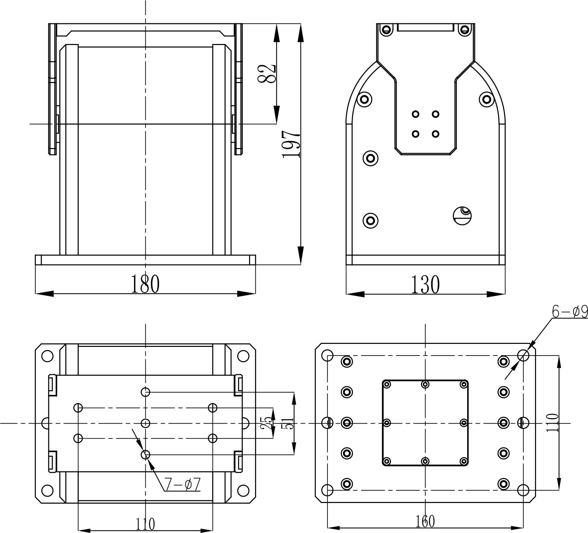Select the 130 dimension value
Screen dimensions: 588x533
click(x=425, y=284)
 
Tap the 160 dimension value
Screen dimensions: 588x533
click(x=425, y=521)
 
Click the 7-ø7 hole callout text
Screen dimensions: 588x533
click(x=182, y=485)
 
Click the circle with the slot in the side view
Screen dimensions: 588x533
click(x=462, y=215)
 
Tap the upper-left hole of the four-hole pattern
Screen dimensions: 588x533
click(x=415, y=114)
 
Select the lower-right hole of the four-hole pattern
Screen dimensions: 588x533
click(x=435, y=134)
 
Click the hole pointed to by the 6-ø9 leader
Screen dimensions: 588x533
click(x=523, y=356)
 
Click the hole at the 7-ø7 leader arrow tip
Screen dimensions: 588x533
click(x=145, y=455)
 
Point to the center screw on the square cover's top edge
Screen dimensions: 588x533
click(x=425, y=385)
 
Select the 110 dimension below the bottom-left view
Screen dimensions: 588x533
click(x=145, y=524)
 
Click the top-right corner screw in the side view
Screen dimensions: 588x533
click(x=464, y=30)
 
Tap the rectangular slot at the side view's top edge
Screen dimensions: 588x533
click(x=426, y=27)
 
